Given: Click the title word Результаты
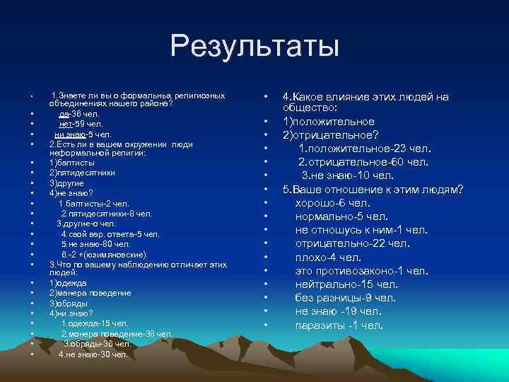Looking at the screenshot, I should [255, 47].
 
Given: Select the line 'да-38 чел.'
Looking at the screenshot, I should [79, 113].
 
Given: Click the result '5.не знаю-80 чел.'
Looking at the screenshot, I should [95, 244].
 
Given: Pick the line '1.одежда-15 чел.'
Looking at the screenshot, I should [94, 323].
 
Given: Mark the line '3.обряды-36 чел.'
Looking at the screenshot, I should [97, 344].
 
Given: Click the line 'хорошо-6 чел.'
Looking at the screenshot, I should [337, 203].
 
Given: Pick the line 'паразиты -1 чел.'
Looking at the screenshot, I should [339, 325].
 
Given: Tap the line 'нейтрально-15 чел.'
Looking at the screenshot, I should [346, 284].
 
